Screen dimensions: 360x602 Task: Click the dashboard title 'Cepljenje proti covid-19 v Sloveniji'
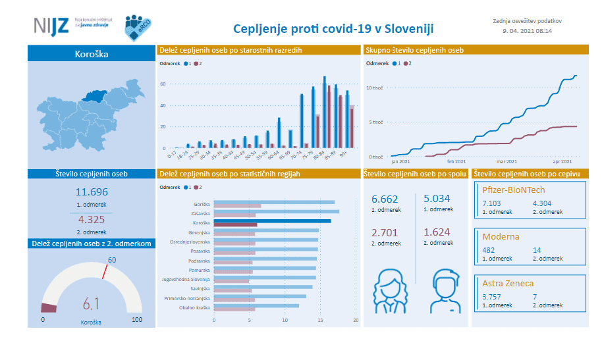click(x=333, y=29)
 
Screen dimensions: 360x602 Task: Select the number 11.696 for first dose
click(x=92, y=192)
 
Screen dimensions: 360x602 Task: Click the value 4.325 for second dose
click(x=92, y=220)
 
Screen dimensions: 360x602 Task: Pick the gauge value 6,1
click(x=92, y=303)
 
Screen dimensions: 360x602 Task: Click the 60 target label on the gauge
click(x=112, y=260)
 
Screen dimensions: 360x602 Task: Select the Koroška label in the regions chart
click(x=201, y=222)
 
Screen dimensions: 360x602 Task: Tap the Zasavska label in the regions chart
click(x=200, y=213)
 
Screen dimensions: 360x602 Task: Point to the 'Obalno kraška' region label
click(x=194, y=307)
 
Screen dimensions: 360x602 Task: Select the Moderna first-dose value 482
click(x=488, y=250)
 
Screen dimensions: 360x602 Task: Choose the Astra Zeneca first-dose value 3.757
click(x=492, y=297)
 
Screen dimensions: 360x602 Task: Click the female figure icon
click(x=389, y=292)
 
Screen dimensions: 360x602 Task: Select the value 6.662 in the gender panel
click(x=385, y=199)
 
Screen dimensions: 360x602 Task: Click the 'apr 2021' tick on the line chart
click(x=562, y=161)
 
